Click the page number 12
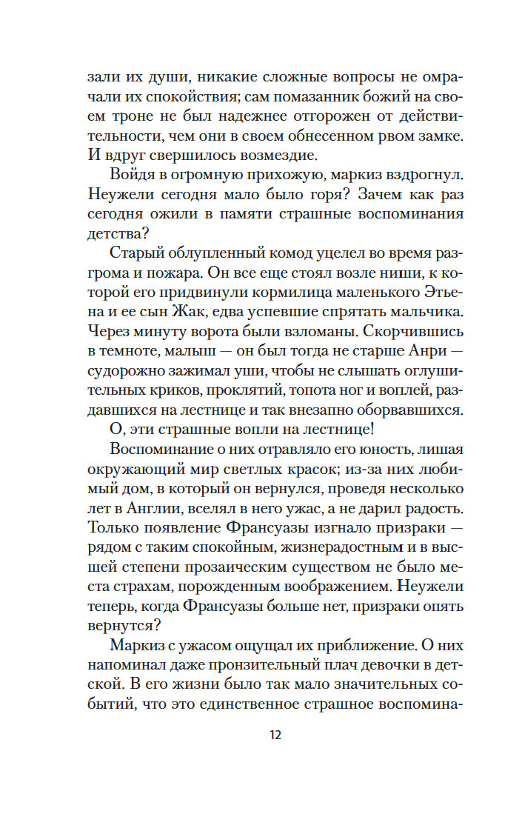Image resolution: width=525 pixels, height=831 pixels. click(x=275, y=735)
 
